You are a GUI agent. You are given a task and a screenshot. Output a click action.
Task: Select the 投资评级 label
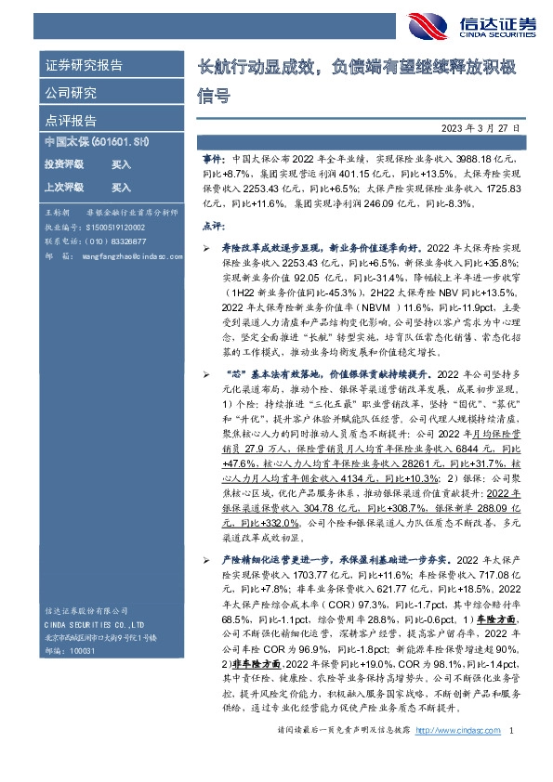click(63, 163)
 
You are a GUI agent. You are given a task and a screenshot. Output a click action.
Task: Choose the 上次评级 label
click(63, 186)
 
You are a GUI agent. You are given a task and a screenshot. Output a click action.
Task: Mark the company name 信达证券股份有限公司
click(86, 610)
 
